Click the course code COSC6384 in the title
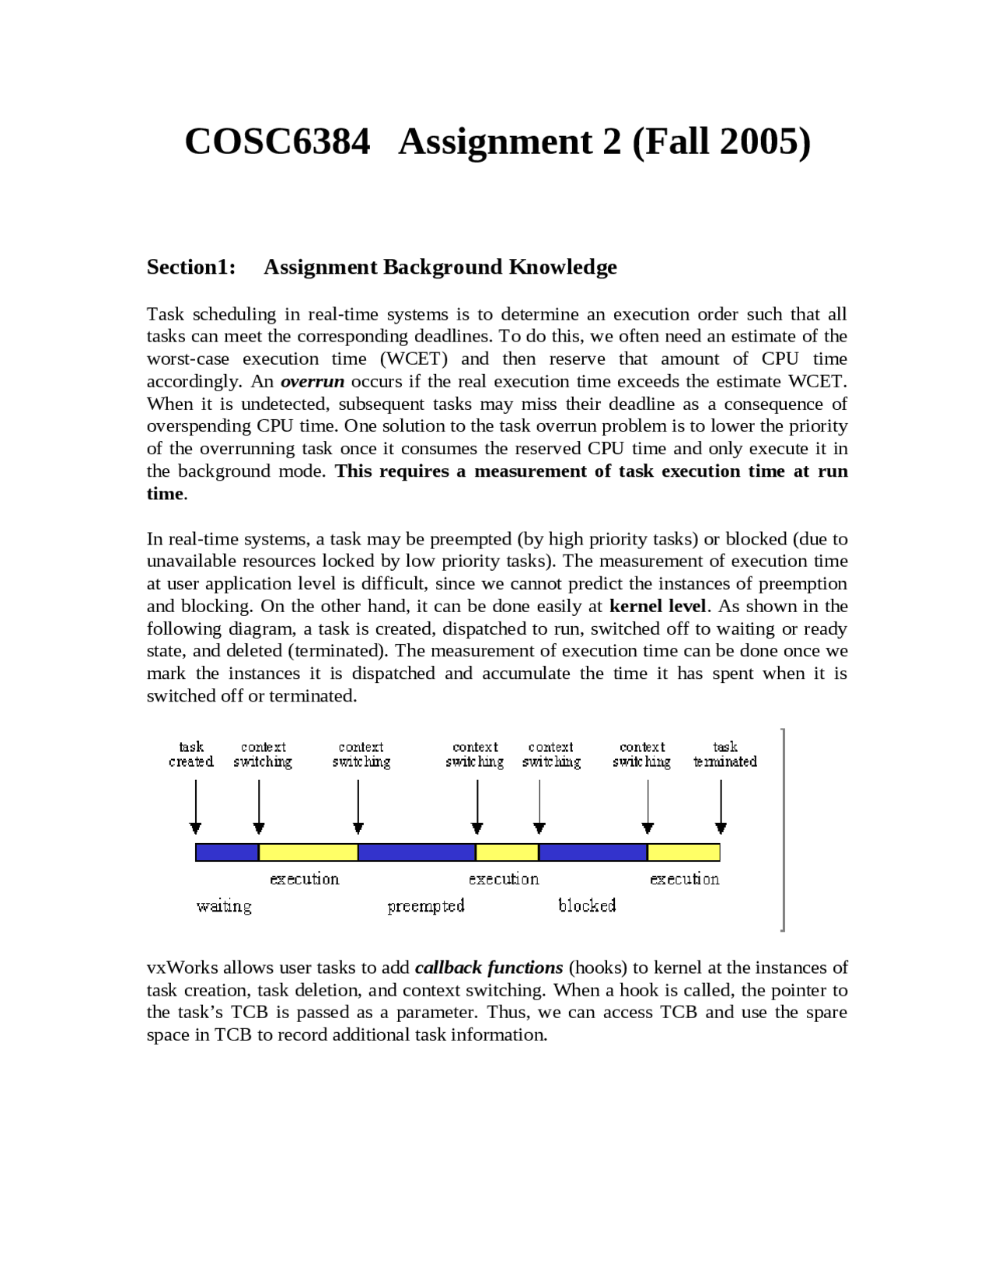[278, 142]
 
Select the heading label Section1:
[191, 267]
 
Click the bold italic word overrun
[312, 381]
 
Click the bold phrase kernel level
[658, 606]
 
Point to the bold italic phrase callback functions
[489, 968]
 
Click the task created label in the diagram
[191, 754]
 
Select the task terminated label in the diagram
[724, 754]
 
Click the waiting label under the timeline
[224, 905]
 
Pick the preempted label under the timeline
[426, 905]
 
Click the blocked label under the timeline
[587, 905]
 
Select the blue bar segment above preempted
[417, 852]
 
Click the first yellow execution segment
[308, 852]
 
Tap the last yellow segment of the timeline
[683, 852]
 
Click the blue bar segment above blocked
[592, 852]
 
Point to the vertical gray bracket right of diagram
[783, 829]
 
